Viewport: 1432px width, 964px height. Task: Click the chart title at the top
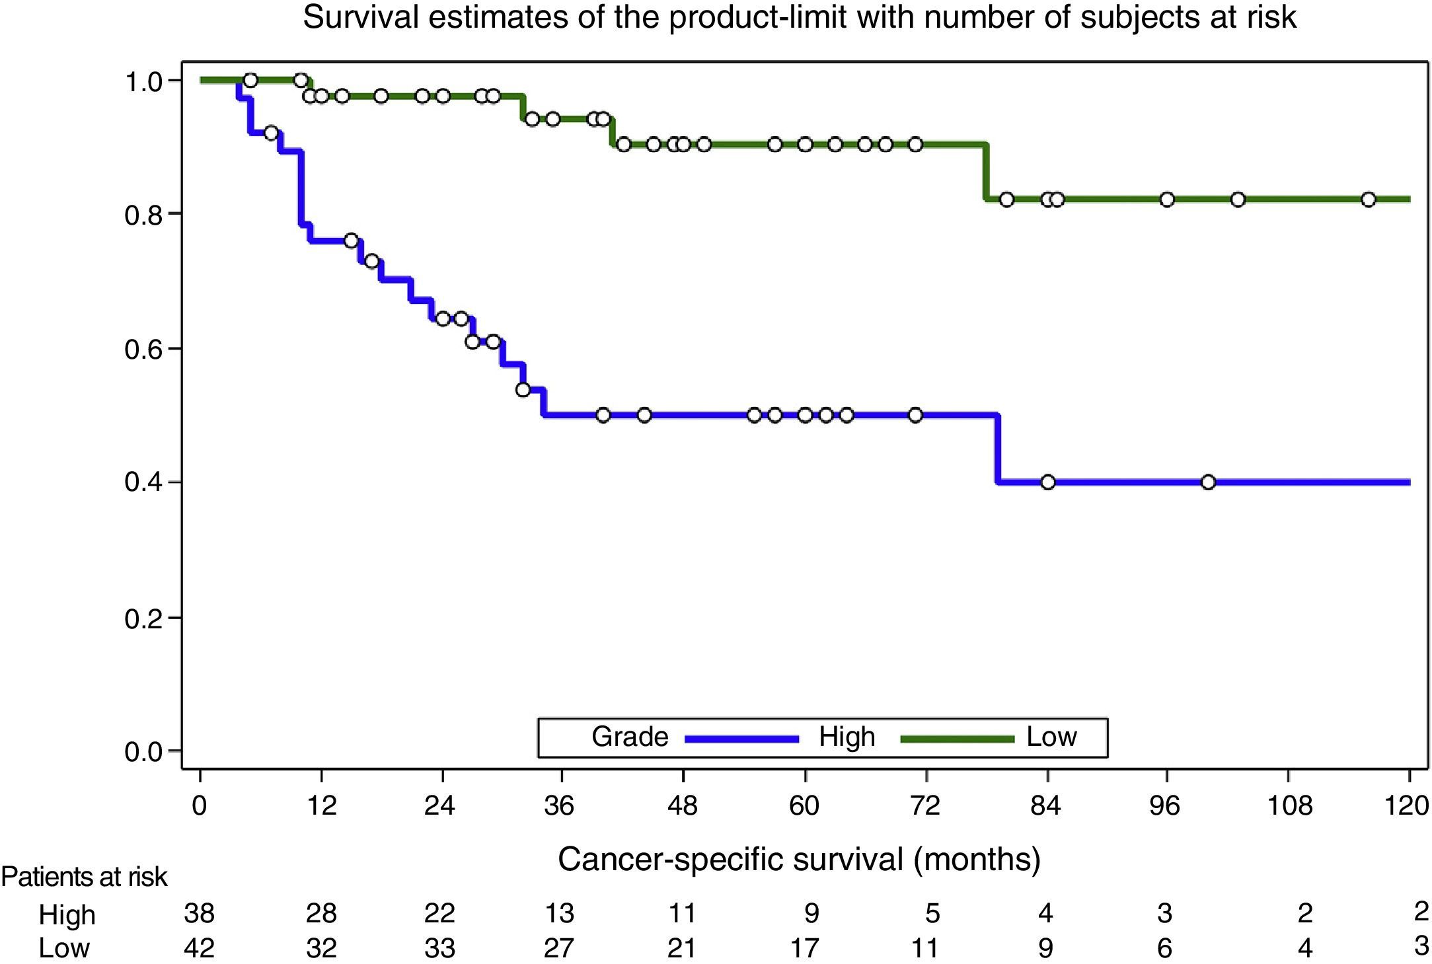pos(800,18)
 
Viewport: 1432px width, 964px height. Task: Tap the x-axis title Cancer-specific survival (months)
pos(799,860)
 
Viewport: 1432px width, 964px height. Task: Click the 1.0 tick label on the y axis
pos(144,83)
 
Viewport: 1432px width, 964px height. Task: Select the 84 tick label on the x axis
pos(1045,806)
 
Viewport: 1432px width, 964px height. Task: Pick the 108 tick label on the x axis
pos(1289,806)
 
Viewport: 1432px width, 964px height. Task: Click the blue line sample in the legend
pos(742,739)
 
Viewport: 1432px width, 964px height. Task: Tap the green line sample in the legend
pos(957,739)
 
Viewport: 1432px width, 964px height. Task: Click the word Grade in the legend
pos(629,737)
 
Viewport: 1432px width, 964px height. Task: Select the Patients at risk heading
pos(84,877)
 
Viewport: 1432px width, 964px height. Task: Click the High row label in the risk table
pos(67,916)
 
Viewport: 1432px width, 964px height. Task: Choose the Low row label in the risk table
pos(64,948)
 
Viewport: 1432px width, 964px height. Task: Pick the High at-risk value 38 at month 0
pos(199,914)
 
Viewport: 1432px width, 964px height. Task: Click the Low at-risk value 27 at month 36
pos(559,948)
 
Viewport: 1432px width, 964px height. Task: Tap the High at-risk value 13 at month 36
pos(559,914)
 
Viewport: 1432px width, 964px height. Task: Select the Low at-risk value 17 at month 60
pos(804,948)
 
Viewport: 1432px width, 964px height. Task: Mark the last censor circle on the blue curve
pos(1208,482)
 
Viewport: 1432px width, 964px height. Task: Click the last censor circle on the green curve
pos(1369,200)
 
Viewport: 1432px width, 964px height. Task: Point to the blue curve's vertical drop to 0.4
pos(997,449)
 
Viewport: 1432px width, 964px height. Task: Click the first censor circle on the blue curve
pos(271,133)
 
